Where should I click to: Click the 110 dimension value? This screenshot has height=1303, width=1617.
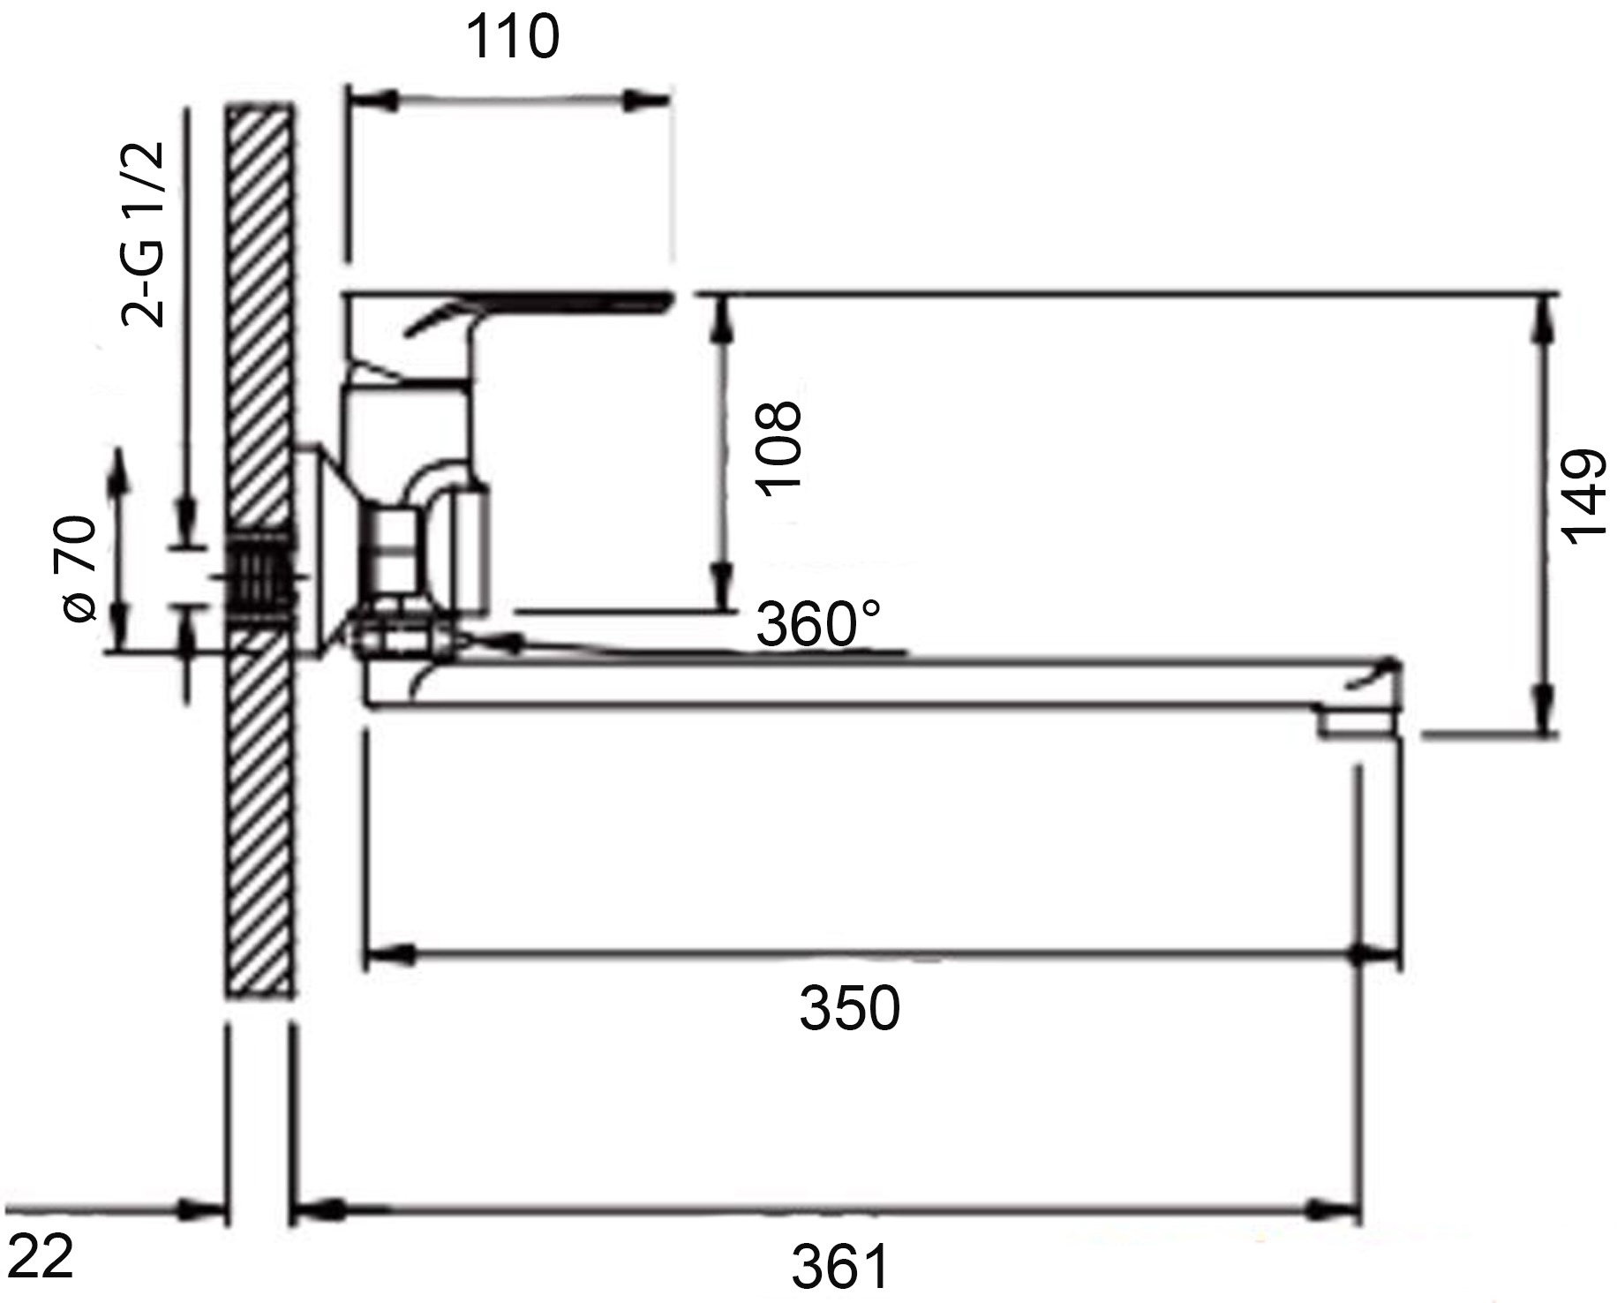512,39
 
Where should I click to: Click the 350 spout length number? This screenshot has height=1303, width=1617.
849,1008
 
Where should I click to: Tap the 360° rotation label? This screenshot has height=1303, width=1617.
818,625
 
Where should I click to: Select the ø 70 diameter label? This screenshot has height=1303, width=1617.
78,569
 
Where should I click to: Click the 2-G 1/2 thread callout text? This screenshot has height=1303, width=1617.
143,234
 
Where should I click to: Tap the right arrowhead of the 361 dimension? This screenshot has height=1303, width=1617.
1337,1210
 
